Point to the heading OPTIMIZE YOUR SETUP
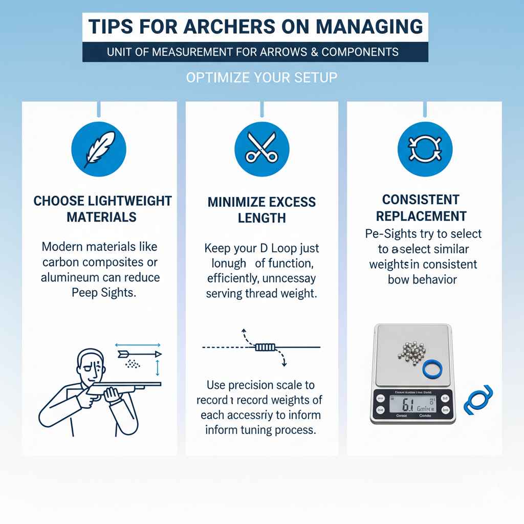pos(261,78)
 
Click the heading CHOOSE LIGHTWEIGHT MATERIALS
pos(102,209)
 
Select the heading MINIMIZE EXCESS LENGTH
pos(261,210)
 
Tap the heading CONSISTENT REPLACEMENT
pos(424,207)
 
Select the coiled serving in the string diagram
pos(265,347)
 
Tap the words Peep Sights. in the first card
pos(101,294)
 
